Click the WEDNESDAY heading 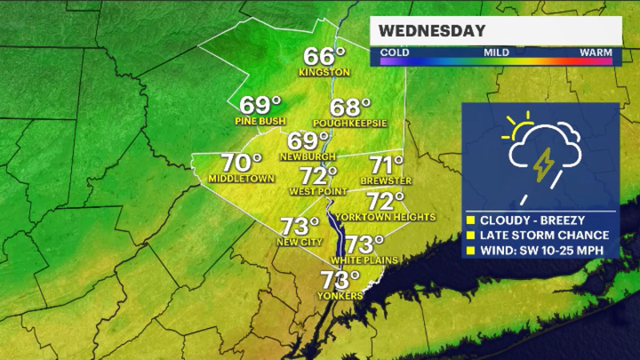tap(432, 31)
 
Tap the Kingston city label tap(324, 72)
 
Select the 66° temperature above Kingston tap(324, 57)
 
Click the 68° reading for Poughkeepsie tap(352, 107)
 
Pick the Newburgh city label tap(307, 156)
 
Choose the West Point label tap(317, 191)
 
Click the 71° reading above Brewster tap(386, 166)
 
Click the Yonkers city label tap(341, 295)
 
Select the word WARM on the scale tap(596, 52)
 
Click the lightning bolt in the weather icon tap(542, 163)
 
